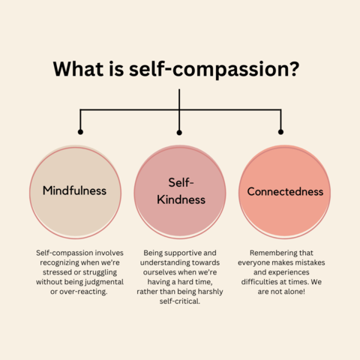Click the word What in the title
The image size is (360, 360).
(78, 68)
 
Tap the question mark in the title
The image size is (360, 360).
(294, 68)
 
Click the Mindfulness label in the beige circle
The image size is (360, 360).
(74, 190)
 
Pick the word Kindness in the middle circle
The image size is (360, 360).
(181, 199)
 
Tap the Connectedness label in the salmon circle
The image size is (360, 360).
(285, 191)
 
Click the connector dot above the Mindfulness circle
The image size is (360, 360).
(80, 132)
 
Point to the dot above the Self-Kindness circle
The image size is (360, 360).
(179, 133)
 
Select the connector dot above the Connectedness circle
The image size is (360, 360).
(280, 132)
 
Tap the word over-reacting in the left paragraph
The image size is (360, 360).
(83, 292)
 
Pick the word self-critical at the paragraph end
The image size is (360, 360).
(180, 301)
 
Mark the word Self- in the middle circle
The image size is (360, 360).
(181, 182)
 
